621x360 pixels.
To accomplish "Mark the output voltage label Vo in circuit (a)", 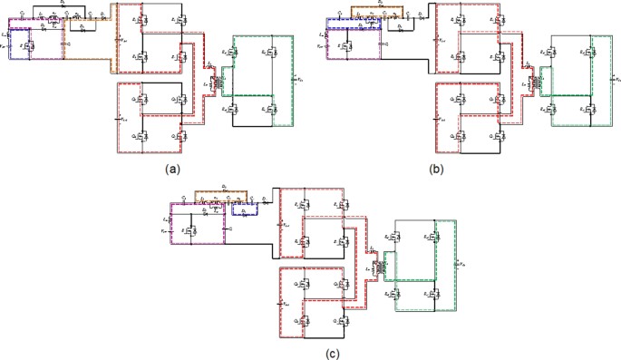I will pos(300,79).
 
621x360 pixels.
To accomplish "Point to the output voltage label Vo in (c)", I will pos(462,263).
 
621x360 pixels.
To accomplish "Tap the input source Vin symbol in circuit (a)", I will pos(6,42).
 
